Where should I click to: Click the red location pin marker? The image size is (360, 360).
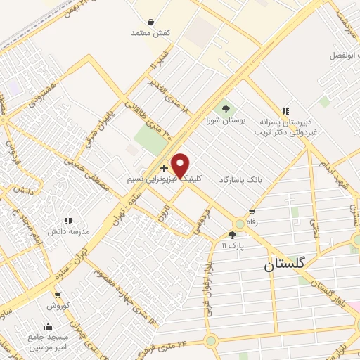click(x=181, y=165)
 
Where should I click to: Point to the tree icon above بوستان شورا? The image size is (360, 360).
click(x=226, y=109)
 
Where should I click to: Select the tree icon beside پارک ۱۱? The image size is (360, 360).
click(x=233, y=236)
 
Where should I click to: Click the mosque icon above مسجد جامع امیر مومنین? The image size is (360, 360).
click(x=48, y=326)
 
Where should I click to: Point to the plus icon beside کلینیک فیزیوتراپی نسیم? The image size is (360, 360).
click(x=164, y=168)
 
